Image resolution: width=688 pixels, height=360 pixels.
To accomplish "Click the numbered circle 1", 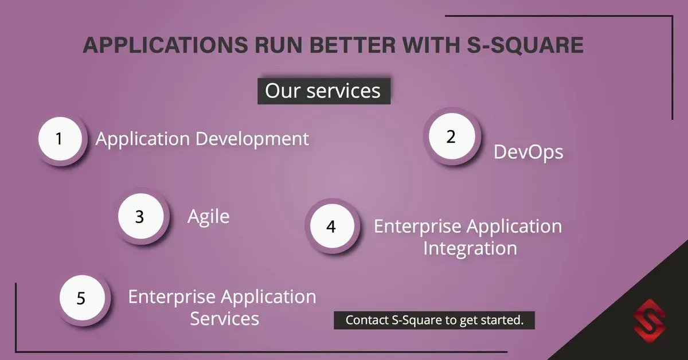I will click(59, 139).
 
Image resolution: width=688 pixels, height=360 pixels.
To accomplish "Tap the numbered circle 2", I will click(451, 138).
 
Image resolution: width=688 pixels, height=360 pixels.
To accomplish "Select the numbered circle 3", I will click(140, 217).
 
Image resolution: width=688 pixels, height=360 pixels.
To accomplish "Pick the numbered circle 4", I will click(331, 226).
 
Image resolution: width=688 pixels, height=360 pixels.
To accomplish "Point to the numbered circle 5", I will click(81, 299).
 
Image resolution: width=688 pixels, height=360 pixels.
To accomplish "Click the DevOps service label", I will click(528, 152).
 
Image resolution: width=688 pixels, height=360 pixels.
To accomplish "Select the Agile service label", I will click(209, 217).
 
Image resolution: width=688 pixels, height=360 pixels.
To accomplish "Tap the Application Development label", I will click(202, 139).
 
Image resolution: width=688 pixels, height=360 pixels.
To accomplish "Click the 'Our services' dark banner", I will click(323, 91).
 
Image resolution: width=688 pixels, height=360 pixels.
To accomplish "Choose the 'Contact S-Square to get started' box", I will click(434, 320).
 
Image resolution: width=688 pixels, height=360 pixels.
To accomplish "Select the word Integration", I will click(470, 249).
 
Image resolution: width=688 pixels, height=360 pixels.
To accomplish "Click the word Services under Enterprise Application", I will click(224, 319).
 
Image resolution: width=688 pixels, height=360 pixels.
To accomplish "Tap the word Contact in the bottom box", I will click(366, 320).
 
